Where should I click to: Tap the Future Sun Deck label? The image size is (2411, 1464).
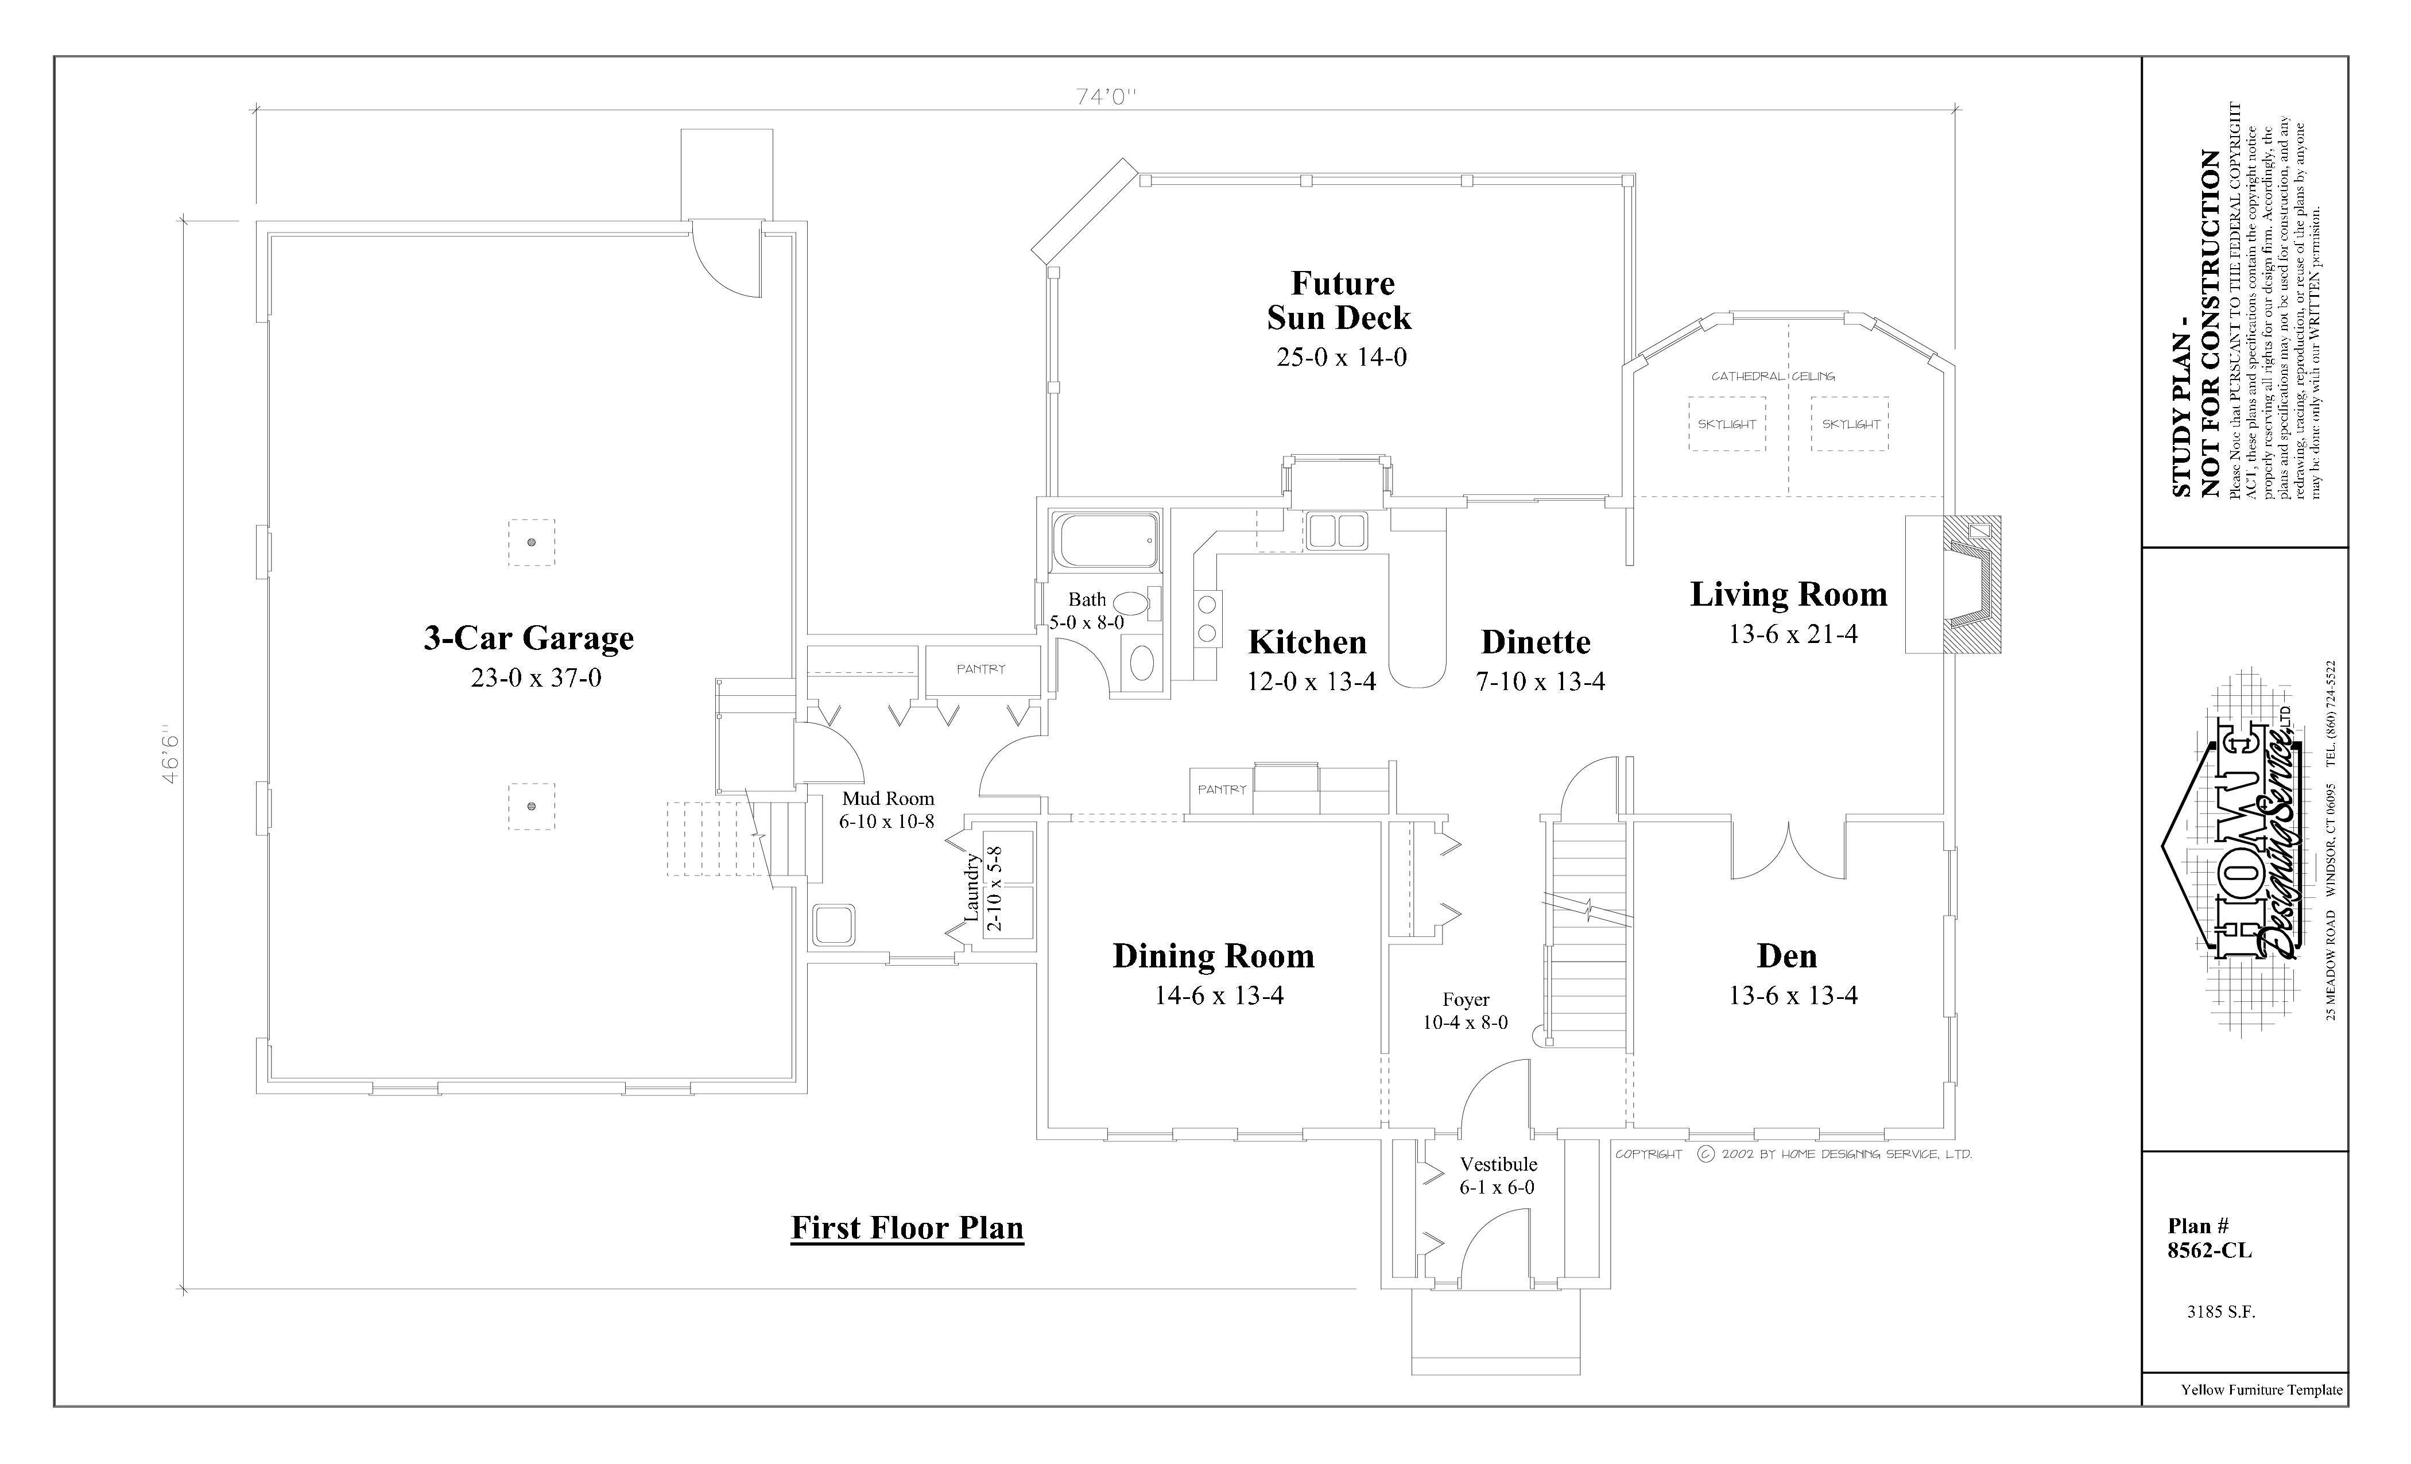(1340, 300)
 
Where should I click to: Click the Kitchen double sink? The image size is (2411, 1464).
(1336, 530)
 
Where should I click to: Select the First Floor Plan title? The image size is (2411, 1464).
(907, 1228)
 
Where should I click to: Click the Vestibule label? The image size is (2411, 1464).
(1498, 1164)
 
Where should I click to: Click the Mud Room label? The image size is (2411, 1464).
(887, 799)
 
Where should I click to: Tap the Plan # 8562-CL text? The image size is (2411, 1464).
(2210, 1238)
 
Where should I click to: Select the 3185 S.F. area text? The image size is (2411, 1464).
(2221, 1312)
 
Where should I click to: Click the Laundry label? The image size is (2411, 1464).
(972, 886)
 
